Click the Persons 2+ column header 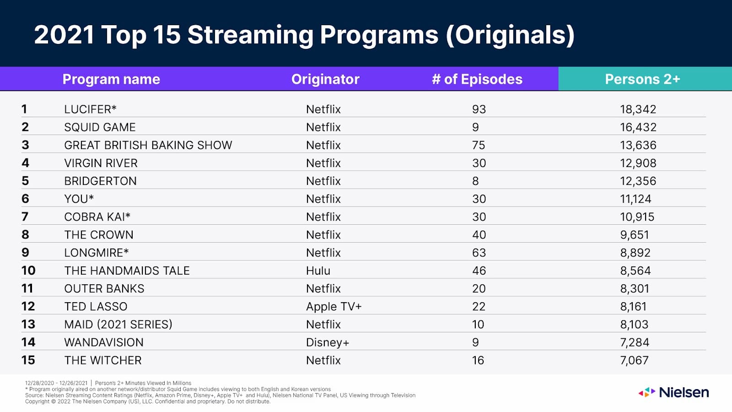tap(642, 79)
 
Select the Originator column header tap(325, 79)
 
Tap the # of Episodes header tap(477, 79)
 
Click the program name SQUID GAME tap(100, 127)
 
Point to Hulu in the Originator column tap(318, 271)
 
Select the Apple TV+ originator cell tap(334, 307)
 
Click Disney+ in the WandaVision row tap(327, 342)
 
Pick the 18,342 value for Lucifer tap(638, 109)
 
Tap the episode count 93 tap(479, 109)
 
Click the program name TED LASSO tap(96, 307)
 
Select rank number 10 tap(28, 271)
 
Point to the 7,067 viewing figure tap(634, 360)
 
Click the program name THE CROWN tap(99, 235)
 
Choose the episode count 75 tap(478, 145)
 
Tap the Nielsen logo tap(674, 392)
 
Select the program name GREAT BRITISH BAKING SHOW tap(148, 145)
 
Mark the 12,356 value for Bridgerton tap(638, 181)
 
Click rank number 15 tap(28, 360)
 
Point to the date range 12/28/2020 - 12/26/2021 tap(56, 383)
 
